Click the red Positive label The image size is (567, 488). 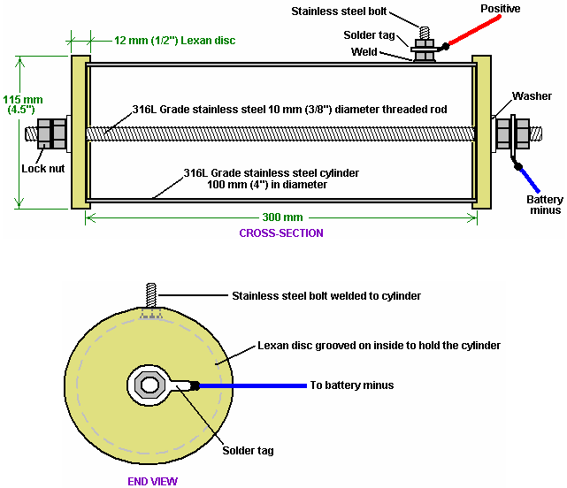tap(500, 8)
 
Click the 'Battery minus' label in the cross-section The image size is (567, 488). tap(544, 206)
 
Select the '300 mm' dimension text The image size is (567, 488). tap(282, 217)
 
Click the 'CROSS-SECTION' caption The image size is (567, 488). tap(281, 233)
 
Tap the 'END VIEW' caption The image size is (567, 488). tap(152, 481)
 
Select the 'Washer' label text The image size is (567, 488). tap(533, 95)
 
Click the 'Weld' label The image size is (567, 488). tap(390, 52)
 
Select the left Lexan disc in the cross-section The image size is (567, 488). tap(80, 133)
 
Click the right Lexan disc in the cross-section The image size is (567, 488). tap(482, 133)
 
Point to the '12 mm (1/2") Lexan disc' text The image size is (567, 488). tap(174, 41)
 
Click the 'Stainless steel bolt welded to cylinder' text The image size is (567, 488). tap(326, 295)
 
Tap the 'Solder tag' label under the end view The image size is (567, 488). tap(248, 450)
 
